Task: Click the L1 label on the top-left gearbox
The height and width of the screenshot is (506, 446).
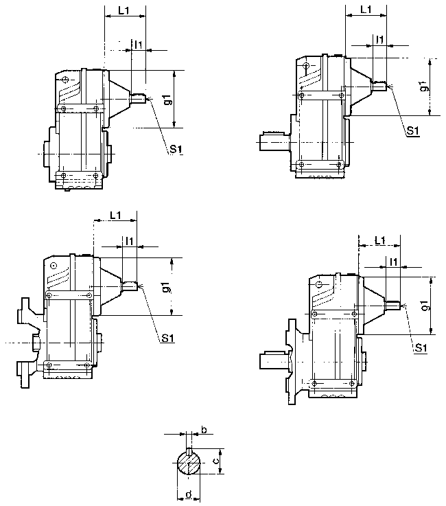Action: (124, 12)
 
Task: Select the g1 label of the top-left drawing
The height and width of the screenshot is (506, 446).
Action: (167, 99)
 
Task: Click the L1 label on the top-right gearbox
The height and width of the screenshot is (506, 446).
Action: (365, 10)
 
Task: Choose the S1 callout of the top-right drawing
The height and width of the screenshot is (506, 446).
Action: (412, 130)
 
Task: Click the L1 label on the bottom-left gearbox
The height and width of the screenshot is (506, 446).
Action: (115, 216)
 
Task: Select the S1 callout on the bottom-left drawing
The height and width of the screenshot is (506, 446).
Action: (167, 337)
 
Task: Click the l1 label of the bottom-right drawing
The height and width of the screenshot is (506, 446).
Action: (393, 262)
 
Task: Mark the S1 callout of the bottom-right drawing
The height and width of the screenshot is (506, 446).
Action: (421, 349)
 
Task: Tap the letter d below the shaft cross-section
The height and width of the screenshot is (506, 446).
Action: (187, 495)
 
